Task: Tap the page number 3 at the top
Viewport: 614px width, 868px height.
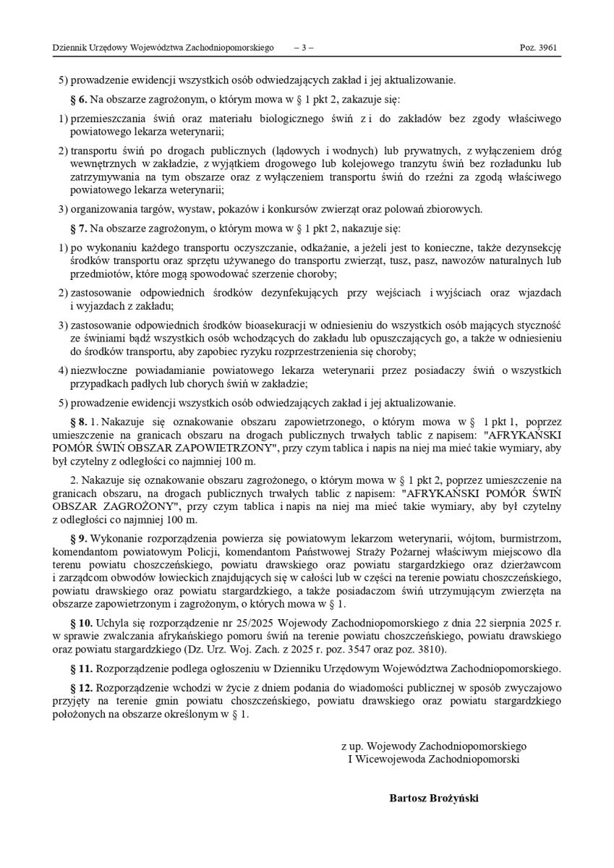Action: [x=304, y=48]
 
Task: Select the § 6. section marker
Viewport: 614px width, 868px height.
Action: [x=78, y=98]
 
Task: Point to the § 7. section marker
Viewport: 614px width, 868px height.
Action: [x=78, y=229]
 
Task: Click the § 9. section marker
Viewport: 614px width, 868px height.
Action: [x=78, y=538]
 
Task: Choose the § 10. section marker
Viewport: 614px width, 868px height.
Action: [x=80, y=624]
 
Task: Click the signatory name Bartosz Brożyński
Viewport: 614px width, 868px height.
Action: [x=434, y=799]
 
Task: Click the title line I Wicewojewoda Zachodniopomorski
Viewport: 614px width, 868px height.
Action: [x=433, y=759]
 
